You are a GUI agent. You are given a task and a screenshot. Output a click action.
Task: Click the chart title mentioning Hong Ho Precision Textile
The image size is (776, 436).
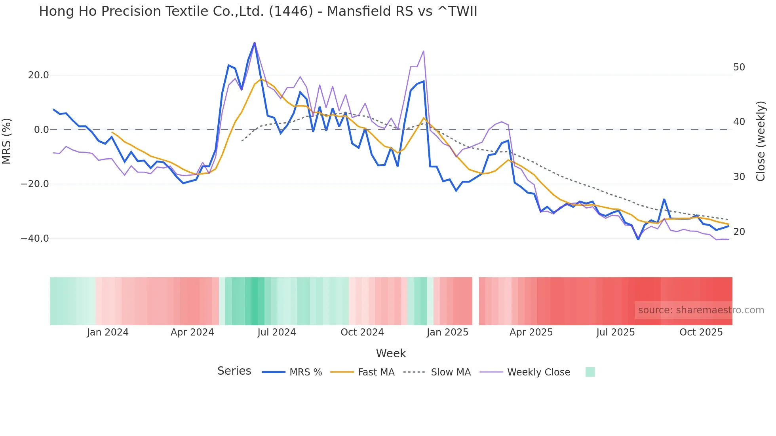258,11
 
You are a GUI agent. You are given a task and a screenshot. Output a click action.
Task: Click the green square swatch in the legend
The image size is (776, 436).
590,372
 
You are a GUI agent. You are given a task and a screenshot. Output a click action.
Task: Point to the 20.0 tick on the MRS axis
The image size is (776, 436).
38,75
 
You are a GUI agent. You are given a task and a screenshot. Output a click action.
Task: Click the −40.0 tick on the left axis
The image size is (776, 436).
35,239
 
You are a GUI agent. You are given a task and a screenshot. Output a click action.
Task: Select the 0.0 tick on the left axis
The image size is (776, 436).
42,130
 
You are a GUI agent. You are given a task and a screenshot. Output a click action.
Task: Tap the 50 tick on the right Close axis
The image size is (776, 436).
739,67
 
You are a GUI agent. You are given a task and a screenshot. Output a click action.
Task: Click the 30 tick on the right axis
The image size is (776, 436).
739,177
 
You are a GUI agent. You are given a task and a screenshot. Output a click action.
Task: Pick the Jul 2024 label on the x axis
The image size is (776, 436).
276,332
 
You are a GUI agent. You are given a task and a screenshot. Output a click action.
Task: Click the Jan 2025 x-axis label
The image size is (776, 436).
447,332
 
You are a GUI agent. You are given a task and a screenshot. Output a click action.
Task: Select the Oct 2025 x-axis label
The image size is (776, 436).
701,332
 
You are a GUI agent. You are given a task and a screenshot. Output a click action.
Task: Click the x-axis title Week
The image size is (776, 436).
391,353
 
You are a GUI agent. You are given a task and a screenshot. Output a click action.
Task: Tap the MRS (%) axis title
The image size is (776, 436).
7,141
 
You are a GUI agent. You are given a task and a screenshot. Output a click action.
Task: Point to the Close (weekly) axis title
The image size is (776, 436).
761,141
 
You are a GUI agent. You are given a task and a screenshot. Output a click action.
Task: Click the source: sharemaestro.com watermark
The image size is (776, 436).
701,310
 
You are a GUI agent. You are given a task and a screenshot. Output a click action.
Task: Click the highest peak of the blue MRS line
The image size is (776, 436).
254,43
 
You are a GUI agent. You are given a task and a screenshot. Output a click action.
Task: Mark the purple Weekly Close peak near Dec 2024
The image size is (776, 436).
424,51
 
